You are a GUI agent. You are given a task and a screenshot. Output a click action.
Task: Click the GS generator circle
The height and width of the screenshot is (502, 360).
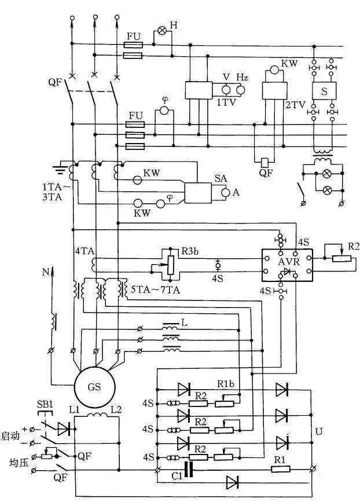coord(94,387)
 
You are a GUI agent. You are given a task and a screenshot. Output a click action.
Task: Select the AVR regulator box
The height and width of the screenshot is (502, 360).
coord(287,265)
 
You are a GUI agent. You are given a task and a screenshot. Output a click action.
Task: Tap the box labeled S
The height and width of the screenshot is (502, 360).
coord(324,91)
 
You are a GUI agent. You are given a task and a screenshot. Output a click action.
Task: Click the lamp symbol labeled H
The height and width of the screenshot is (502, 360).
coord(163,31)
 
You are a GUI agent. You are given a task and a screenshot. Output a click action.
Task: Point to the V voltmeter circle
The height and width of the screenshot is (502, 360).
coord(226,90)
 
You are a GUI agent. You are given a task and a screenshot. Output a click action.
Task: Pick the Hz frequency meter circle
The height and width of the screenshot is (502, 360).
coord(241,90)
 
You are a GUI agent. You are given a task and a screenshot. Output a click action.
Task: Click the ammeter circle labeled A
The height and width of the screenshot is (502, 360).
coord(226,192)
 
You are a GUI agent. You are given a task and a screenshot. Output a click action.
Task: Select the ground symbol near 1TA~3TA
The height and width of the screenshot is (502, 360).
coord(60,168)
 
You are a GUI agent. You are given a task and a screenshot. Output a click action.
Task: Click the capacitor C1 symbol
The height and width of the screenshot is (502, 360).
coord(189,470)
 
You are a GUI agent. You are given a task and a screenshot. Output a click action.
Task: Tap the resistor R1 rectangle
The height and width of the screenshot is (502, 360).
coord(281,470)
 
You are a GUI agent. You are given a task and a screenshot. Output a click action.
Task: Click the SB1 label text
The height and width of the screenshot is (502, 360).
coord(45,404)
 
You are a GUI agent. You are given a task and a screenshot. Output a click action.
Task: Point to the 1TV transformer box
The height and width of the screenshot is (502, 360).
coord(199,90)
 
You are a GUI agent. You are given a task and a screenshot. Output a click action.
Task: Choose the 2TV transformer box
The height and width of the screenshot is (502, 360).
coord(274,90)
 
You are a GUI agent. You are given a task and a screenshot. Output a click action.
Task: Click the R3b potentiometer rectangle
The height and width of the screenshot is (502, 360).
coord(171,265)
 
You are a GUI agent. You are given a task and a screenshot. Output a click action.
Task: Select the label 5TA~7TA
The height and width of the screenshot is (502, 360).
coord(156,290)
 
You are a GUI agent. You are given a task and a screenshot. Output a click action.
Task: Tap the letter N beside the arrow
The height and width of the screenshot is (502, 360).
coord(46,272)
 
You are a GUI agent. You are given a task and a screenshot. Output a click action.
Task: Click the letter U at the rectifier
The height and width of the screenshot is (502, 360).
coord(319,432)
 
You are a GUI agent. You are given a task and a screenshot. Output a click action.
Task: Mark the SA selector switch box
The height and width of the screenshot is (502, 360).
coord(198,193)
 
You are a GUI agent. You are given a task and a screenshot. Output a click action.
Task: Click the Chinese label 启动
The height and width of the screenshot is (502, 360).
coord(10,436)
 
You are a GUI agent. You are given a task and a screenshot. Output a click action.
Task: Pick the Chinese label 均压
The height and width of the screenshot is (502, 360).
coord(19,463)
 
